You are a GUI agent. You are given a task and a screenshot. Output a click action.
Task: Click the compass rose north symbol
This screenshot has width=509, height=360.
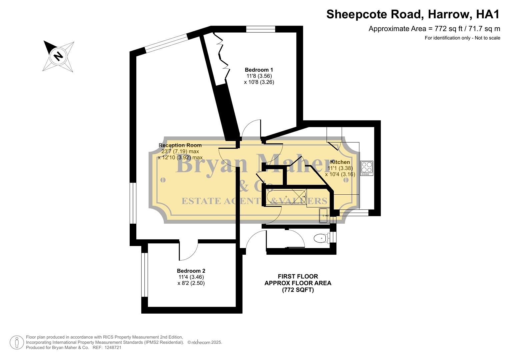pyautogui.click(x=58, y=55)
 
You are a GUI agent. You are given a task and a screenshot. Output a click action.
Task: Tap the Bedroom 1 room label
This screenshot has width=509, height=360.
pyautogui.click(x=259, y=70)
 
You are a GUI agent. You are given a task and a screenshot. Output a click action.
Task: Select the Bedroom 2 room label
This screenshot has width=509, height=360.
pyautogui.click(x=191, y=271)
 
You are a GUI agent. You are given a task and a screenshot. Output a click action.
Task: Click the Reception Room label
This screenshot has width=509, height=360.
pyautogui.click(x=180, y=145)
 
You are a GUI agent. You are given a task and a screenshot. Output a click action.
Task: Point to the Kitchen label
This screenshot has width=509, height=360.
pyautogui.click(x=340, y=162)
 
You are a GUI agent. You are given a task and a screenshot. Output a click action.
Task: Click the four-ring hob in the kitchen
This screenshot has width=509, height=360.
pyautogui.click(x=367, y=168)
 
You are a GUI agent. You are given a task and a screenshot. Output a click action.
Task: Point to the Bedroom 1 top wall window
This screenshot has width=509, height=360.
pyautogui.click(x=261, y=29)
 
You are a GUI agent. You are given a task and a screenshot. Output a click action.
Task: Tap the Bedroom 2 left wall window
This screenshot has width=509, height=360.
pyautogui.click(x=144, y=275)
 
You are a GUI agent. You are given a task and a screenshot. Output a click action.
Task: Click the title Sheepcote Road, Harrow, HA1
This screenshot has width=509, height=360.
pyautogui.click(x=413, y=14)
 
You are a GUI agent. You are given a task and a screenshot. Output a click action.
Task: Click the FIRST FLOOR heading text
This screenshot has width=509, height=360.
pyautogui.click(x=298, y=276)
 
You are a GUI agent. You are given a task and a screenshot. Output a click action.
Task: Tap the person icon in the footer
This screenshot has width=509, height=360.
pyautogui.click(x=17, y=342)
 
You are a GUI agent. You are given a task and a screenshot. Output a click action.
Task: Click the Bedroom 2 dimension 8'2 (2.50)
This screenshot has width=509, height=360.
pyautogui.click(x=191, y=283)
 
